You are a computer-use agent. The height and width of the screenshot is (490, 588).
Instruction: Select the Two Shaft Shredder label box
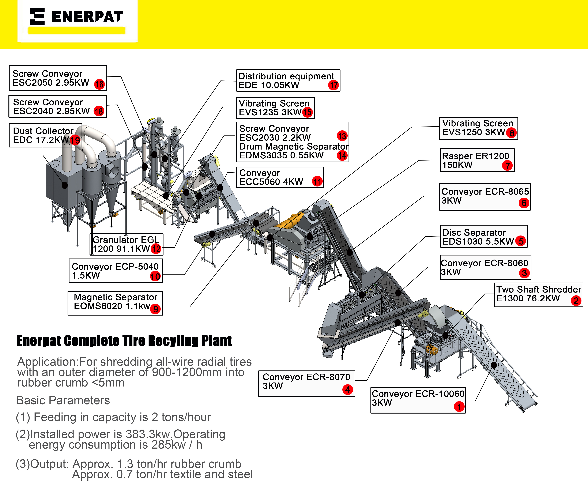[x=538, y=295]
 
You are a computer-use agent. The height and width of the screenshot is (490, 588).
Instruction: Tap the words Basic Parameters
[x=63, y=400]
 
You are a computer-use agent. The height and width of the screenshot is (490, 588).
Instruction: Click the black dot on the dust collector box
[x=65, y=185]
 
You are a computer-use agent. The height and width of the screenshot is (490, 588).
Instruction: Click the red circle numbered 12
[x=156, y=249]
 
